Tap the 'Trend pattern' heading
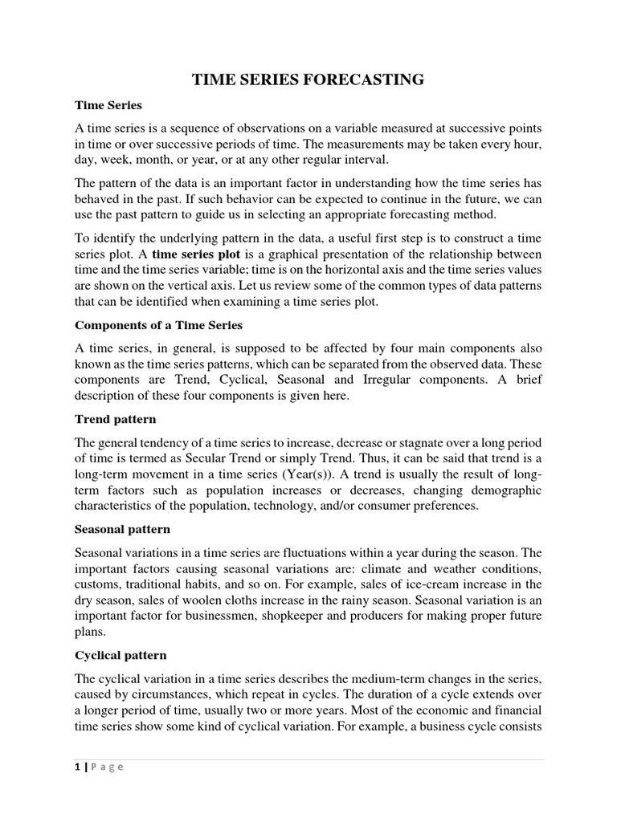click(x=116, y=419)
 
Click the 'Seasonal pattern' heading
click(x=122, y=530)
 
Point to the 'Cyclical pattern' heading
click(x=121, y=655)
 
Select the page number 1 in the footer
click(x=77, y=766)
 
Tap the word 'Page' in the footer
click(x=106, y=767)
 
